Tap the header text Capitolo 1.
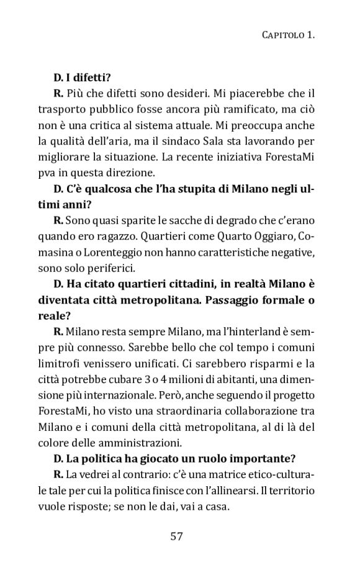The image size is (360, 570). pos(286,35)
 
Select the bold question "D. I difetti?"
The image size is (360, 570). pos(83,78)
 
